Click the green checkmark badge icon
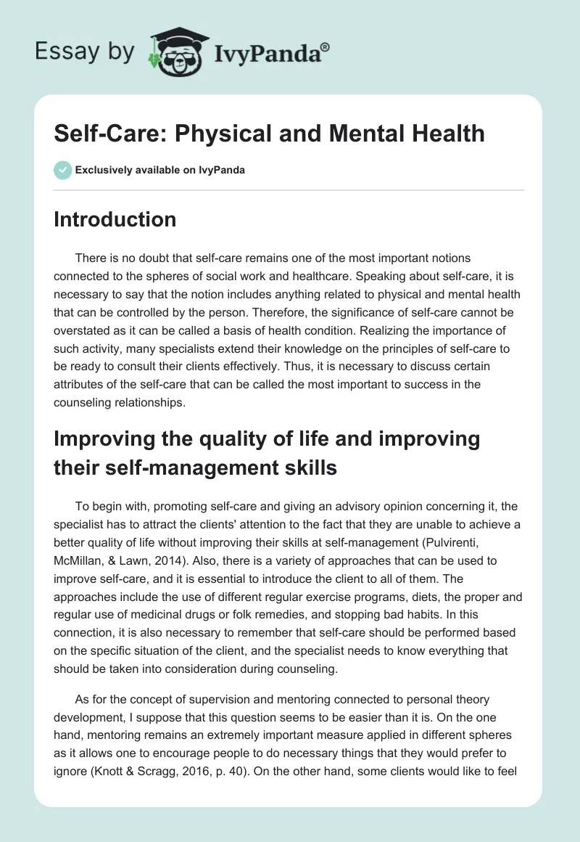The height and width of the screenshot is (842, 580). pyautogui.click(x=62, y=171)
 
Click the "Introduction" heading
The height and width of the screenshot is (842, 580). pyautogui.click(x=115, y=219)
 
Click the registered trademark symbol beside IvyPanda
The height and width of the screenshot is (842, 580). pyautogui.click(x=326, y=46)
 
